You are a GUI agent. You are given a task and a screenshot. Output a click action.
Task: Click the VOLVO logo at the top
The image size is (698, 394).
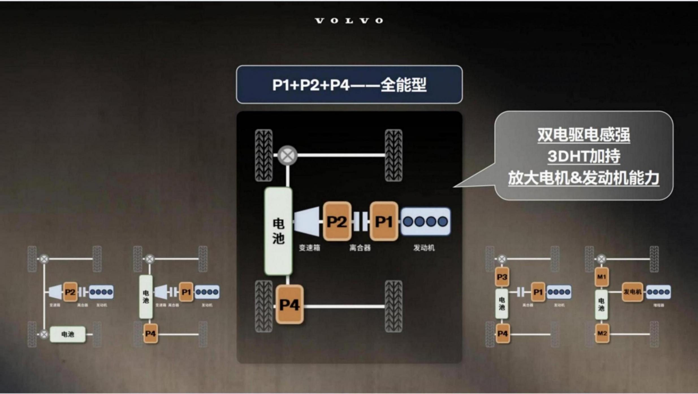click(x=349, y=21)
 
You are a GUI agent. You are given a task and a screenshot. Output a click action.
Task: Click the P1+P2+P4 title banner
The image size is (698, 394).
click(x=349, y=85)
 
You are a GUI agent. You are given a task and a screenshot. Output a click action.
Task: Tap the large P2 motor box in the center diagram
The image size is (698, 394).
click(x=337, y=221)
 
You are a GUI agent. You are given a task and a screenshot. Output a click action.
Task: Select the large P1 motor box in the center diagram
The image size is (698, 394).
click(x=384, y=221)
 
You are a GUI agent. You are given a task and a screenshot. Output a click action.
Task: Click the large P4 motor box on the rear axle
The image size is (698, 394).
click(x=289, y=305)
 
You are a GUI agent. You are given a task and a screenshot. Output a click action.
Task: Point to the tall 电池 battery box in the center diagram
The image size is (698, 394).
click(x=278, y=231)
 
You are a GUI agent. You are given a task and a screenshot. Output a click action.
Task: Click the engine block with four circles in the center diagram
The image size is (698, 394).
click(x=425, y=221)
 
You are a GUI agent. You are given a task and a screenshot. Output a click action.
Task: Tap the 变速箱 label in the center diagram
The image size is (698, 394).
click(x=309, y=248)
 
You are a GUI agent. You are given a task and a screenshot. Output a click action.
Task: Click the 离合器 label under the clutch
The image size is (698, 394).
click(x=360, y=248)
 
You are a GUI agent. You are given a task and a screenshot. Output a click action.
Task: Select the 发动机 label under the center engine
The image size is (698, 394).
click(x=424, y=248)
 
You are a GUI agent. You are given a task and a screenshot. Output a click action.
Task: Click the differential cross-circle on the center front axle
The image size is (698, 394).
click(x=287, y=155)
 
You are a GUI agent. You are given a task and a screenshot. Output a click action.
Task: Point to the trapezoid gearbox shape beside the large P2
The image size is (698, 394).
click(x=307, y=221)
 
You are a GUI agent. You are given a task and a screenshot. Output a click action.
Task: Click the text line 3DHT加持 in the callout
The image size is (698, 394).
click(x=584, y=156)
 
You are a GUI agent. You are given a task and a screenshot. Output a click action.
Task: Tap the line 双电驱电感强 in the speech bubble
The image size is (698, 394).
click(x=584, y=135)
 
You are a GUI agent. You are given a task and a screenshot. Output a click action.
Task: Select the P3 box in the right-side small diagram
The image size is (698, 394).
click(x=502, y=277)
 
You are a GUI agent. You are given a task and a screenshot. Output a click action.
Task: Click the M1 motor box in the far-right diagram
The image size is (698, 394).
click(x=602, y=277)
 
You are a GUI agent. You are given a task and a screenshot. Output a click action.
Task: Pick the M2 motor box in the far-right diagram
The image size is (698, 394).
click(x=602, y=333)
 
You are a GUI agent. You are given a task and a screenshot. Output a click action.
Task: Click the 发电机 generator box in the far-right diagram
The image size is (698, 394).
click(x=632, y=292)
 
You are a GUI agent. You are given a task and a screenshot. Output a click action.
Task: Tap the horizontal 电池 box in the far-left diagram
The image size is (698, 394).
click(x=68, y=334)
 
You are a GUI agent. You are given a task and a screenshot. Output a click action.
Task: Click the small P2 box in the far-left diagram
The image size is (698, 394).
click(x=70, y=292)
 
